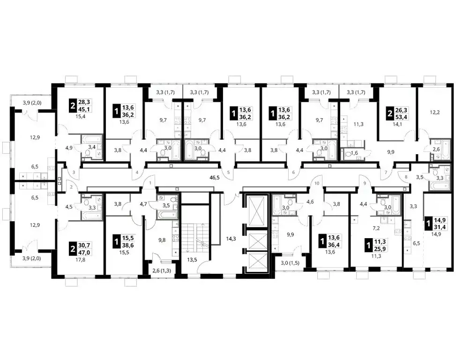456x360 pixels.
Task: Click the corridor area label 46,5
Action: pos(215,177)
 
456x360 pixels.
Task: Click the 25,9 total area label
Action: pos(380,248)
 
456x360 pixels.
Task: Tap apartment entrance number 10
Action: pos(317,183)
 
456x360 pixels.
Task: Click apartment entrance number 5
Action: pos(228,172)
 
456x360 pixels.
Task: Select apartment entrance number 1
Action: pos(150,183)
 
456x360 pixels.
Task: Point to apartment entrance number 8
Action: pos(406,177)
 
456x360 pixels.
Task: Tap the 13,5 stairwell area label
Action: pos(192,260)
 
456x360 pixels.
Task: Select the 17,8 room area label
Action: pos(80,260)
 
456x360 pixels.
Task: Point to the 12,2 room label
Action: pos(435,112)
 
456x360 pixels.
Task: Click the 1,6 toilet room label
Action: pos(354,153)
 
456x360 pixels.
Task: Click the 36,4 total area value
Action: pos(334,245)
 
